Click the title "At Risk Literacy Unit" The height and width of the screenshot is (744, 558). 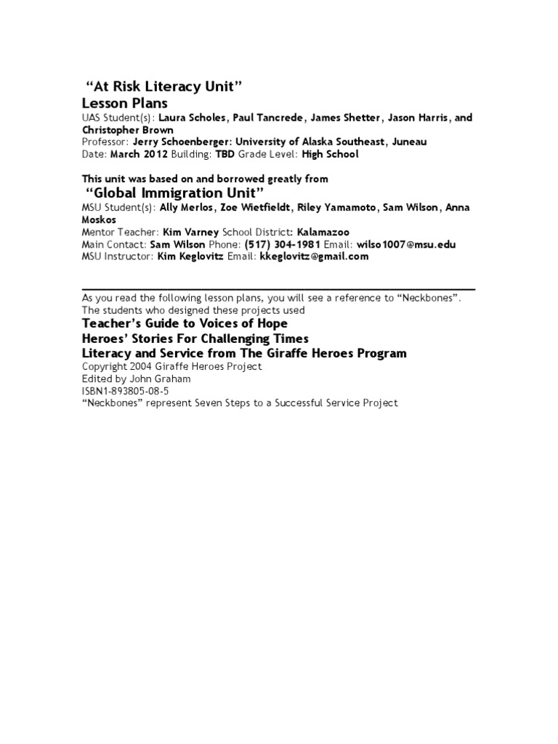(163, 87)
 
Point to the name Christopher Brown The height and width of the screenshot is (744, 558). (127, 130)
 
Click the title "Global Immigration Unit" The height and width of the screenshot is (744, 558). (174, 193)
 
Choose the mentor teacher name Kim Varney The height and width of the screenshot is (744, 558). (190, 232)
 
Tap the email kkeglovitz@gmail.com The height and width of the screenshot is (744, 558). (309, 256)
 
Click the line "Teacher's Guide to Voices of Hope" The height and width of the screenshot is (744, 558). (185, 323)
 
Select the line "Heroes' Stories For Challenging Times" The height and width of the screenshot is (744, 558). (195, 339)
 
